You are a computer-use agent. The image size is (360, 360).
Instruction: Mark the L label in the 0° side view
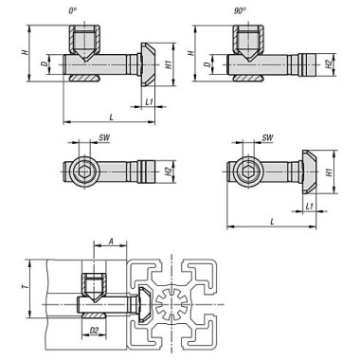tap(112, 115)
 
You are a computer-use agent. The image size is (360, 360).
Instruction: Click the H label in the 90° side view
tap(192, 53)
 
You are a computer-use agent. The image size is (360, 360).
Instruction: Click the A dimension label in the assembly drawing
tap(111, 243)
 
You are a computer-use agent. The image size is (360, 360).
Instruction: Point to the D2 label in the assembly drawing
tap(94, 332)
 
